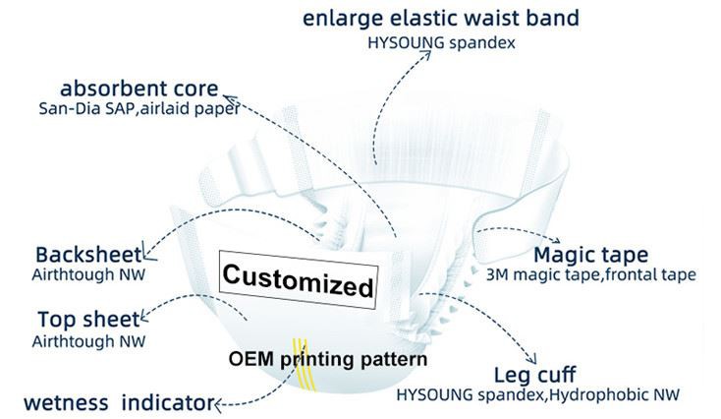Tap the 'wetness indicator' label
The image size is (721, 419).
click(106, 403)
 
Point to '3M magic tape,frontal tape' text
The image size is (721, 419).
click(591, 275)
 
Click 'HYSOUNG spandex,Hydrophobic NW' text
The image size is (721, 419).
click(538, 395)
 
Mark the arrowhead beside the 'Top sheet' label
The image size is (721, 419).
click(145, 317)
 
